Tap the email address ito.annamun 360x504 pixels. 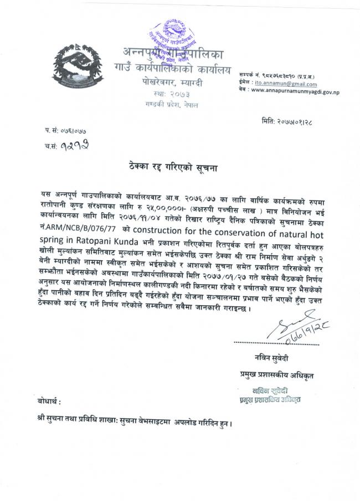(x=269, y=81)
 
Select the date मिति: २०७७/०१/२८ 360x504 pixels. (x=293, y=120)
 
